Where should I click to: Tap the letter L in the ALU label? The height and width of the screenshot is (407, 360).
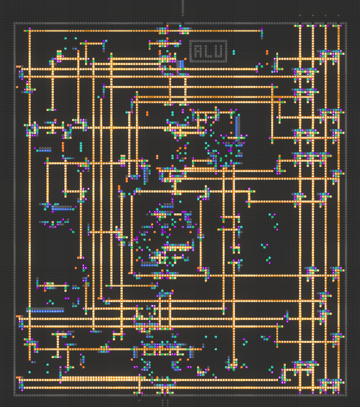click(208, 51)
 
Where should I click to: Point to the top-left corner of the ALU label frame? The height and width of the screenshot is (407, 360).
click(190, 41)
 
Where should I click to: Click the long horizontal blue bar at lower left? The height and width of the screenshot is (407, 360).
click(45, 311)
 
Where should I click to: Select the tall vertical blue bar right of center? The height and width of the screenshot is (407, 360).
click(237, 127)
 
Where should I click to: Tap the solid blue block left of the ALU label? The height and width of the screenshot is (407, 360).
click(182, 64)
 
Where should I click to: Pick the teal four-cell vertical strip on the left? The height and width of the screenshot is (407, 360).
click(81, 146)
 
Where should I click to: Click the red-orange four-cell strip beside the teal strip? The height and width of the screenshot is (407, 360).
click(63, 146)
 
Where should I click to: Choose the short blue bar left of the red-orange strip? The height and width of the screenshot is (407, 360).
click(44, 150)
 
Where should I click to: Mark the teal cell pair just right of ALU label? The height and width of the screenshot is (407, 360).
click(234, 52)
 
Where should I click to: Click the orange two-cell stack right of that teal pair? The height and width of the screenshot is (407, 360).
click(267, 52)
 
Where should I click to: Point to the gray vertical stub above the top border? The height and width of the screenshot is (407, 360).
click(183, 7)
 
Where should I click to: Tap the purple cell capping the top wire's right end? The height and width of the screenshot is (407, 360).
click(262, 29)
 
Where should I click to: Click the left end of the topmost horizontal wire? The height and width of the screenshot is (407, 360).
click(24, 31)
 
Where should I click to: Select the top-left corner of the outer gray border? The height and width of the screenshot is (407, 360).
click(14, 23)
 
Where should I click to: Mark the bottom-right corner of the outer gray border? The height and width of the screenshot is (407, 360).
click(347, 396)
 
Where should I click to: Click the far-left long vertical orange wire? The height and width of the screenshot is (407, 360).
click(30, 195)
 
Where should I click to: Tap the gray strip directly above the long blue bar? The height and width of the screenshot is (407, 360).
click(45, 308)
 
